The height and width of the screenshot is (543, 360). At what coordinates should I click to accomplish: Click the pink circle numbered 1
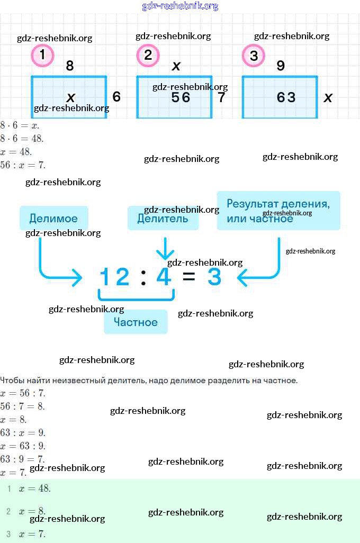point(42,56)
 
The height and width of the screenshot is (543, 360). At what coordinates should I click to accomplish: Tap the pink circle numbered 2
point(148,56)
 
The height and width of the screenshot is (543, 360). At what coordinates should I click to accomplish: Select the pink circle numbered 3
point(254,56)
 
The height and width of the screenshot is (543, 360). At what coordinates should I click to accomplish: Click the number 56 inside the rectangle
point(181,97)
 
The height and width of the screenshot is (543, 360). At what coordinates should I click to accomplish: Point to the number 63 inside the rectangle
point(286,97)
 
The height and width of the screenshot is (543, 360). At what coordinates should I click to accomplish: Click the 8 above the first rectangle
point(69,66)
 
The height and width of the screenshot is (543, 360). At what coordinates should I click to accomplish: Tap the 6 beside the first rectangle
point(116,97)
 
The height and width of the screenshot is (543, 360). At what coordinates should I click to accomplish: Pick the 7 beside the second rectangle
point(221,97)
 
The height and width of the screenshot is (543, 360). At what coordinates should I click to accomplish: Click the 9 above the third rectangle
point(281,66)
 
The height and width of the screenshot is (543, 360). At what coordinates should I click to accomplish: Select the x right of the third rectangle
point(328,97)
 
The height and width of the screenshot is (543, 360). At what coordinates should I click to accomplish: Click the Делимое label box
point(53,218)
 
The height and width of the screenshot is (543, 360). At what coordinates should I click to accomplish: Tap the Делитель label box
point(163,218)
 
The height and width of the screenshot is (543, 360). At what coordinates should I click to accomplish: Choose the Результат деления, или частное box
point(278,211)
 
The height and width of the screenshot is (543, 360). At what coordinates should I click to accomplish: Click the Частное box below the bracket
point(136,322)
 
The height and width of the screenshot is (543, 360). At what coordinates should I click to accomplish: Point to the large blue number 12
point(115,277)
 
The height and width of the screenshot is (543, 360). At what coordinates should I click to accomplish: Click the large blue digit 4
point(164,277)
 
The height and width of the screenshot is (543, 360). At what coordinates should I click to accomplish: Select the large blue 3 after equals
point(214,277)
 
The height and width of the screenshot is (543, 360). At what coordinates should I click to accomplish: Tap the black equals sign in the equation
point(188,277)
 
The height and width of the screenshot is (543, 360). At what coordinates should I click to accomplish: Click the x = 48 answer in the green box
point(34,488)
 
